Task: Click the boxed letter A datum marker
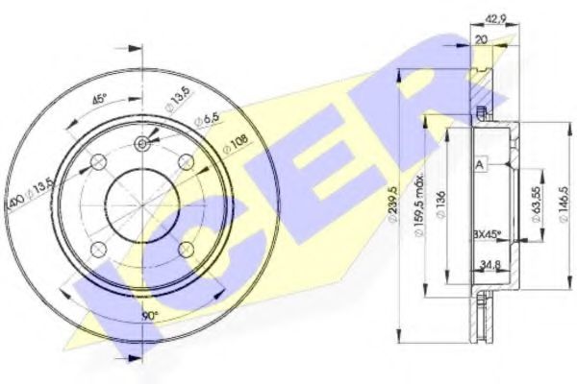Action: tap(477, 164)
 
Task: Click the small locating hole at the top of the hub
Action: tap(142, 143)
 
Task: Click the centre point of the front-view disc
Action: tap(142, 204)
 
